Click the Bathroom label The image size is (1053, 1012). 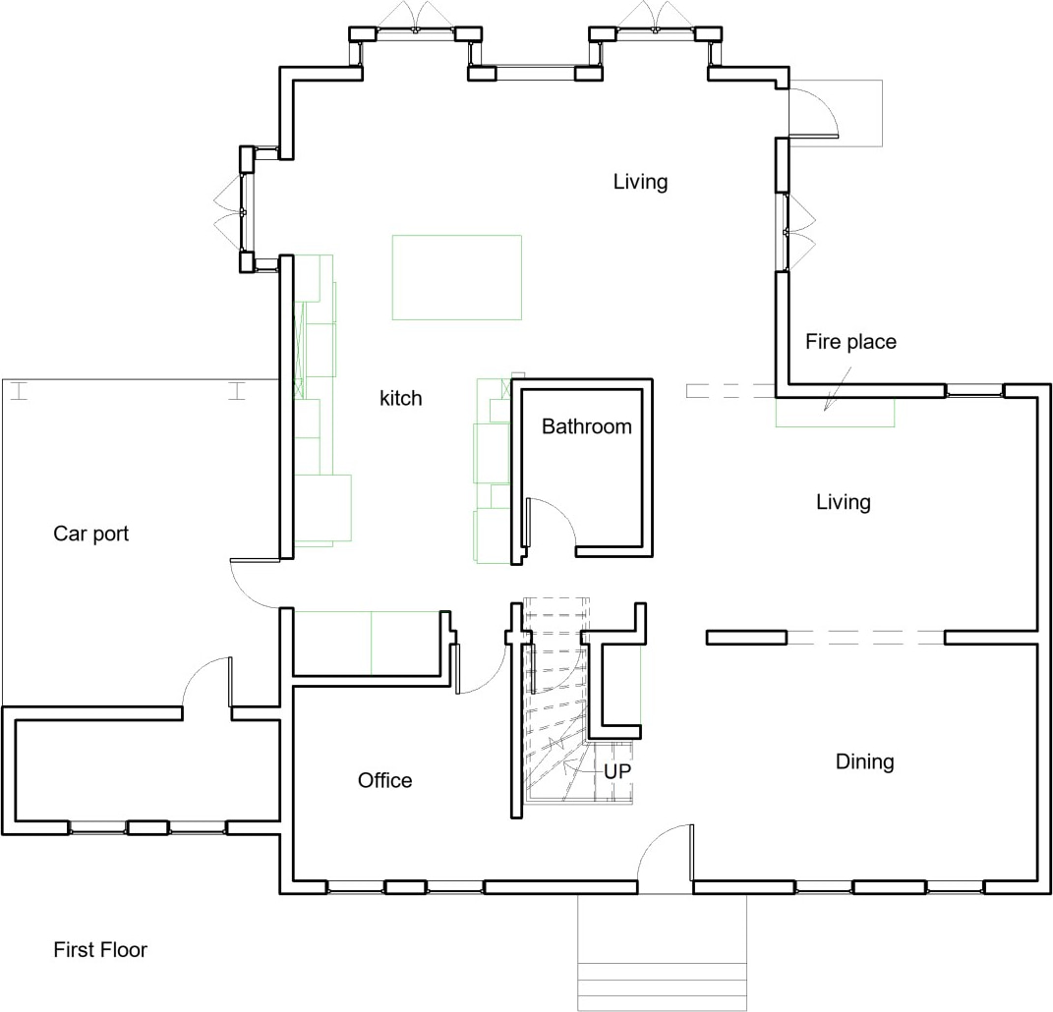tap(586, 426)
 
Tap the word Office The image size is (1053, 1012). tap(384, 780)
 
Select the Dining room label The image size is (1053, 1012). tap(864, 761)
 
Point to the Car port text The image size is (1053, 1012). tap(90, 534)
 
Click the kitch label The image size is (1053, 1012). tap(400, 398)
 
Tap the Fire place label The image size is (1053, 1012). tap(850, 342)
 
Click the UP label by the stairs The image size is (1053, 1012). tap(616, 772)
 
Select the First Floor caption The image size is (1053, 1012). tap(99, 950)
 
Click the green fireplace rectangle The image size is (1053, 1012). tap(835, 414)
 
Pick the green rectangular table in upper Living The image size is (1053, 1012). tap(456, 277)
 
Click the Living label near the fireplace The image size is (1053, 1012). tap(843, 502)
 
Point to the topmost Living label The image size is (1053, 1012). tap(640, 182)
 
